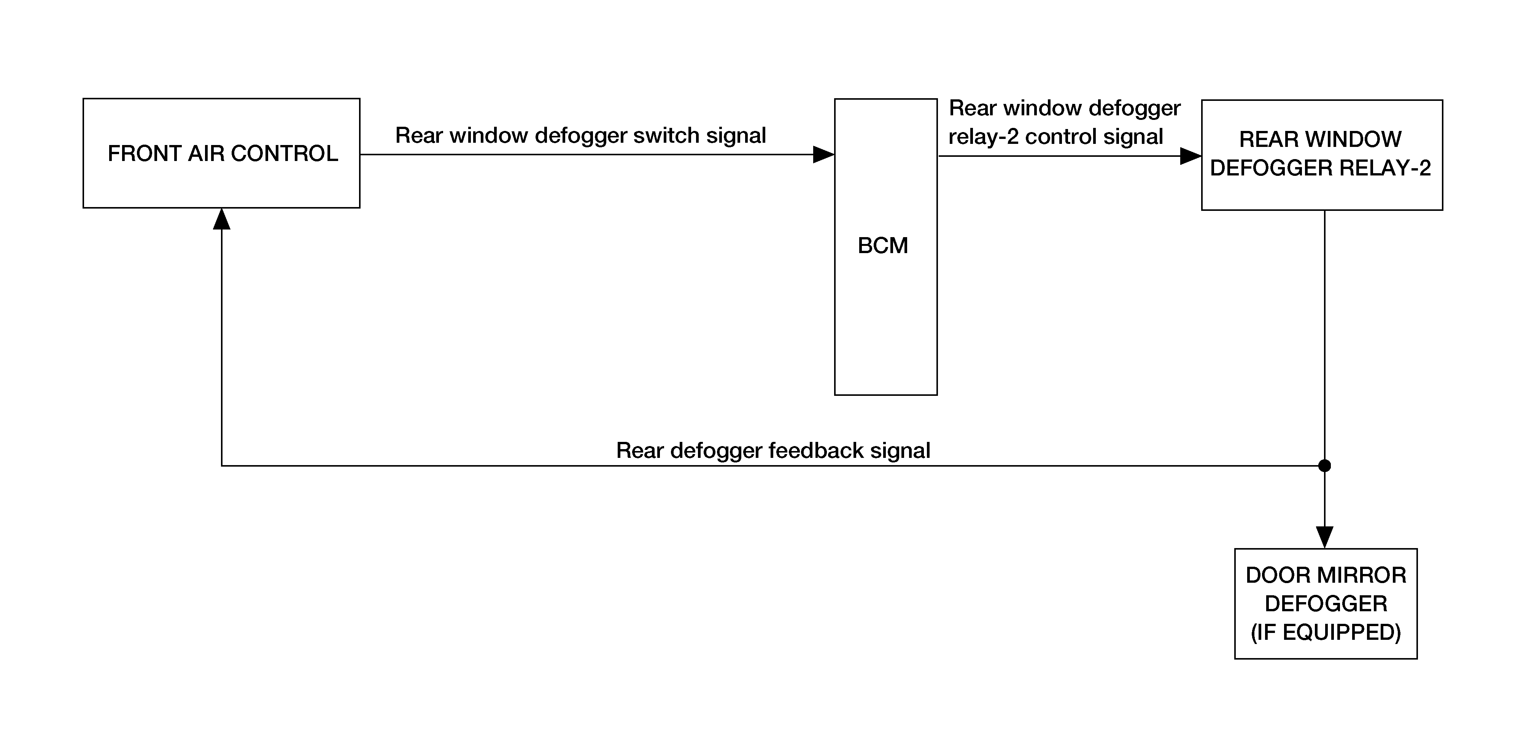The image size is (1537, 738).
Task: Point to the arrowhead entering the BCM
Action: click(824, 155)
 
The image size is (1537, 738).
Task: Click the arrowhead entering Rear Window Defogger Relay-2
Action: click(1191, 156)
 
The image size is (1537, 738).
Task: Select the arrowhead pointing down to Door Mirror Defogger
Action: click(1325, 537)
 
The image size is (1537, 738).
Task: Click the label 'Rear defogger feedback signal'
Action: click(773, 451)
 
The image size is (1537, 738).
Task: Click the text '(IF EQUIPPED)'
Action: click(1326, 632)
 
